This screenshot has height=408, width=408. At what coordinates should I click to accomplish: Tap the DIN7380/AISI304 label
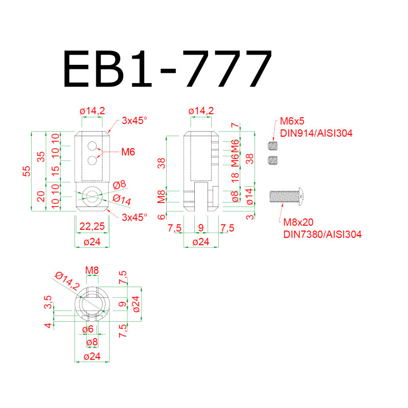click(322, 235)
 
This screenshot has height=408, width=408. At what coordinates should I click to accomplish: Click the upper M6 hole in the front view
click(92, 146)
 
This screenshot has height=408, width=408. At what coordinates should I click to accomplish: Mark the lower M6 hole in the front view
click(92, 161)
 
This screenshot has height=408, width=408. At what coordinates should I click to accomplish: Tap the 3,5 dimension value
click(47, 302)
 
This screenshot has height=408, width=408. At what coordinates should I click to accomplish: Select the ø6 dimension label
click(88, 329)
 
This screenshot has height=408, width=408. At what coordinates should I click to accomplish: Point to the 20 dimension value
click(42, 196)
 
